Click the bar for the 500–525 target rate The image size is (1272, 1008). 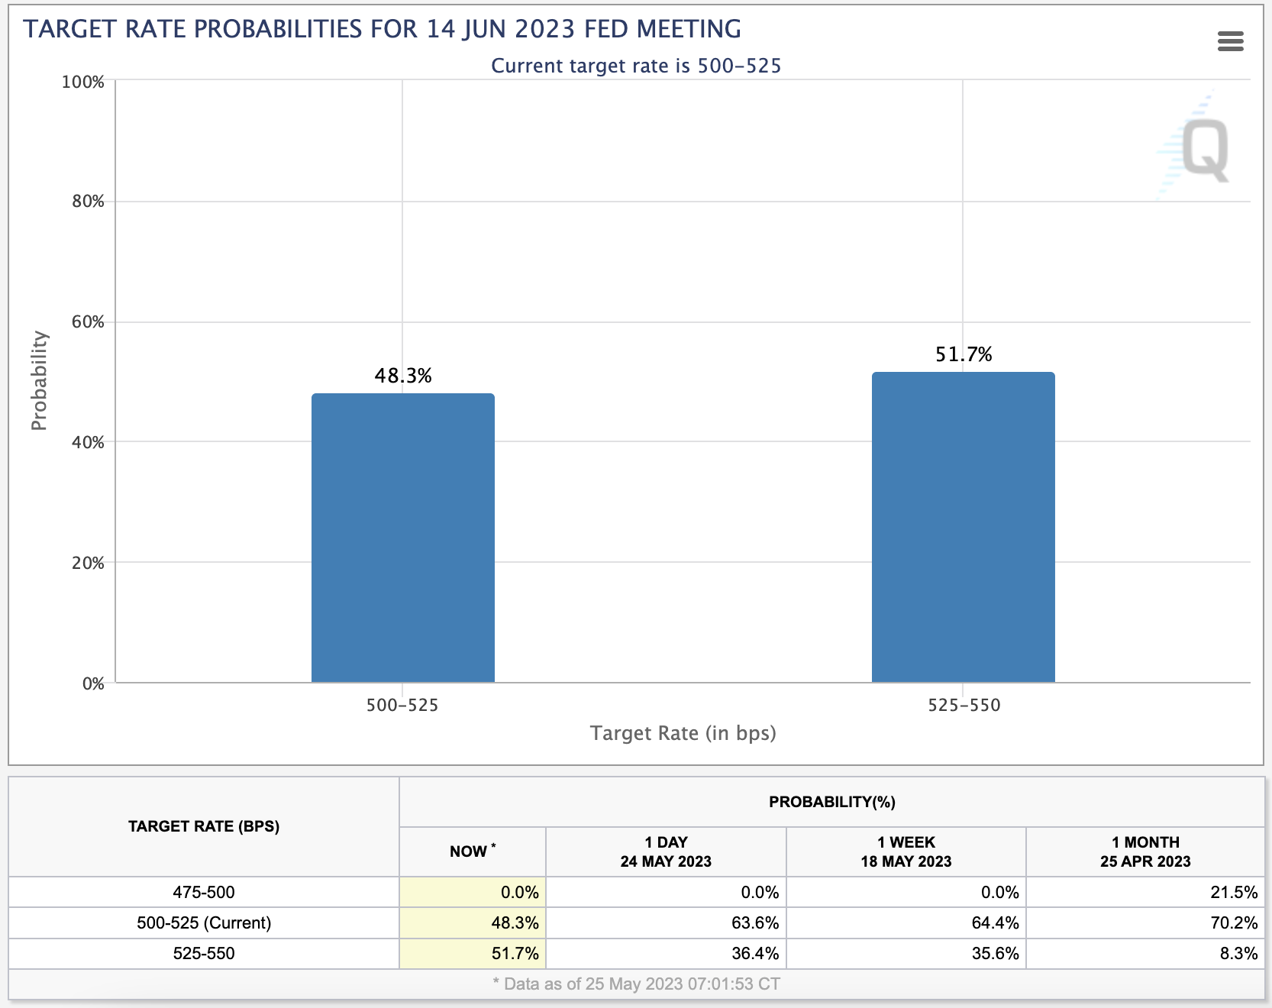pos(402,538)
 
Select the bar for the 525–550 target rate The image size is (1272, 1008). pos(963,527)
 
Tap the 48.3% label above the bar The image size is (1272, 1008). pos(403,376)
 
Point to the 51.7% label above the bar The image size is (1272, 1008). pos(964,354)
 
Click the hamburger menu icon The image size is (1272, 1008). pos(1230,41)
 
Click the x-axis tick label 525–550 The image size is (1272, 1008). pos(964,705)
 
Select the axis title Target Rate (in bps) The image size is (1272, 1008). pos(683,733)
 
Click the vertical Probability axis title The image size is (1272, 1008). pos(39,380)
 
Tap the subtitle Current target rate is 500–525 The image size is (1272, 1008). pos(636,66)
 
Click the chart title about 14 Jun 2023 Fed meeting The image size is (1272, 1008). pos(382,29)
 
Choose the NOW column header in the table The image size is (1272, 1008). pos(472,851)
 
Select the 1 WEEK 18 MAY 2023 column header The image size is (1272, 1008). pos(906,851)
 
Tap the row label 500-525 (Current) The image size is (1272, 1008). pos(204,922)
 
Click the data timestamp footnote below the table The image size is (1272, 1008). pos(637,984)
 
